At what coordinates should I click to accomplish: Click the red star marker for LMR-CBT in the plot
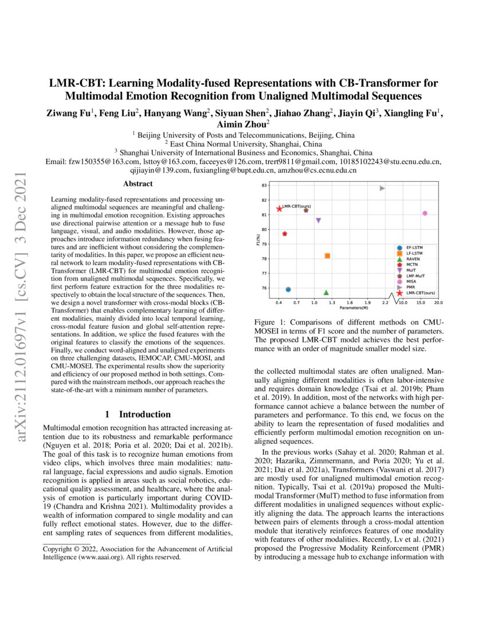click(279, 209)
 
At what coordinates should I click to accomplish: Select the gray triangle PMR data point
click(382, 188)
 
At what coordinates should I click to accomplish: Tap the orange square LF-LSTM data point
click(327, 256)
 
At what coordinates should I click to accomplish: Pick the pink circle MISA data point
click(425, 213)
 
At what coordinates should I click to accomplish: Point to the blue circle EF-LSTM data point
click(288, 290)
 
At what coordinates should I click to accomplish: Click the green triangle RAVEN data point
click(326, 293)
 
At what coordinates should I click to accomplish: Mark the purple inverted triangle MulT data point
click(319, 220)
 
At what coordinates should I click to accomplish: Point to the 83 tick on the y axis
click(264, 185)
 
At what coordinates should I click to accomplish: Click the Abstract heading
click(138, 184)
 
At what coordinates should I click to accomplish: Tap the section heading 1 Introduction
click(138, 414)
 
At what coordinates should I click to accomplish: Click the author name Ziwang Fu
click(70, 113)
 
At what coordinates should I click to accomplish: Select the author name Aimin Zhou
click(243, 123)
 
